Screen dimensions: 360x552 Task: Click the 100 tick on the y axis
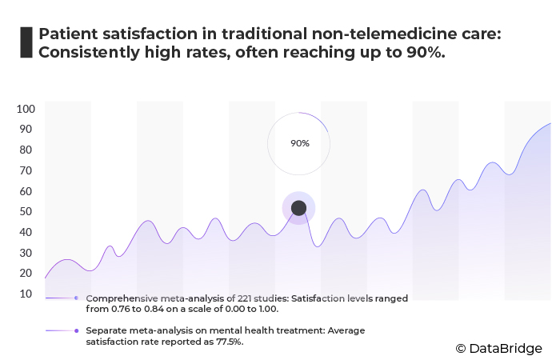click(26, 109)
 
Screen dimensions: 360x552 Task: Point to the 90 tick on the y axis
click(26, 129)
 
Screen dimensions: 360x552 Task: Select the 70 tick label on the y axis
click(26, 170)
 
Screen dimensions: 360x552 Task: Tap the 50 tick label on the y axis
click(26, 212)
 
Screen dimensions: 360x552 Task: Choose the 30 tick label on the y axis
click(26, 253)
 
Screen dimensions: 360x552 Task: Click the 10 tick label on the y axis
click(26, 294)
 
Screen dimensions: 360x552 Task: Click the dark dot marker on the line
click(298, 208)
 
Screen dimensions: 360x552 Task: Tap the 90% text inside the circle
click(299, 143)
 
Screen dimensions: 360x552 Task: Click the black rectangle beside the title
click(26, 42)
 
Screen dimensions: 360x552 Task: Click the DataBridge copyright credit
click(498, 348)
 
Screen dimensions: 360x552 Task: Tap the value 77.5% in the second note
click(226, 342)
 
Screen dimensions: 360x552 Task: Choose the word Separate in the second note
click(107, 330)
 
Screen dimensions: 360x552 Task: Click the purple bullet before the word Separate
click(75, 330)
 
